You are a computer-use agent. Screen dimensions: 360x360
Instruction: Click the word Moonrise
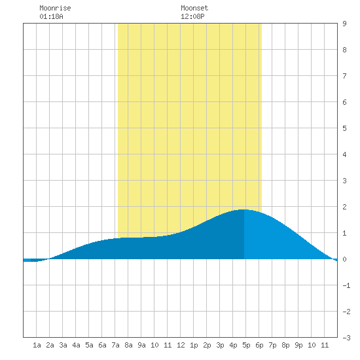pyautogui.click(x=55, y=8)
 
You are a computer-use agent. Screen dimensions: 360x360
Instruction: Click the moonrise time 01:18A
pyautogui.click(x=51, y=16)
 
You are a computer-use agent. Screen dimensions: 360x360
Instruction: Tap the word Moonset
pyautogui.click(x=194, y=8)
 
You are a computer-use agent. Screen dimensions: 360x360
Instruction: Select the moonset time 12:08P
pyautogui.click(x=192, y=16)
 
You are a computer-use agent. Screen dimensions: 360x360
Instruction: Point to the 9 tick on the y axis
pyautogui.click(x=344, y=24)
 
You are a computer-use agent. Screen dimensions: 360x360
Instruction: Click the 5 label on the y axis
pyautogui.click(x=344, y=128)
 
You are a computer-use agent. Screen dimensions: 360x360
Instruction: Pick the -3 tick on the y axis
pyautogui.click(x=346, y=338)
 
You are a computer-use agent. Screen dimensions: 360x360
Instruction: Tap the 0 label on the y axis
pyautogui.click(x=344, y=259)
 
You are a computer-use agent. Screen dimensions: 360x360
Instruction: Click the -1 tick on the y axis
pyautogui.click(x=346, y=285)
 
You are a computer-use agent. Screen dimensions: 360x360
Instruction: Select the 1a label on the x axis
pyautogui.click(x=37, y=345)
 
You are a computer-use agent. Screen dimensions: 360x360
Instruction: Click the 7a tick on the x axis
pyautogui.click(x=115, y=345)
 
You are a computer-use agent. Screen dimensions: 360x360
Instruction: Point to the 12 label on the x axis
pyautogui.click(x=181, y=345)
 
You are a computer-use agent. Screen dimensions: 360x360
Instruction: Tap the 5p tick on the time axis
pyautogui.click(x=246, y=345)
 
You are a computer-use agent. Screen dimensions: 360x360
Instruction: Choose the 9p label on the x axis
pyautogui.click(x=298, y=345)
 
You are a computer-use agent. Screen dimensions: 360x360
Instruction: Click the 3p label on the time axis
pyautogui.click(x=220, y=345)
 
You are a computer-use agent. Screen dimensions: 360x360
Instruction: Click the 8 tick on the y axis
pyautogui.click(x=344, y=50)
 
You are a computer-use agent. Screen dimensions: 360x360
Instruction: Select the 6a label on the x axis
pyautogui.click(x=102, y=345)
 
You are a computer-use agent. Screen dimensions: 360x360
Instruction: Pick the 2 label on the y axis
pyautogui.click(x=344, y=207)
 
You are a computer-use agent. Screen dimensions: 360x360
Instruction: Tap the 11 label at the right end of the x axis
pyautogui.click(x=325, y=345)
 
